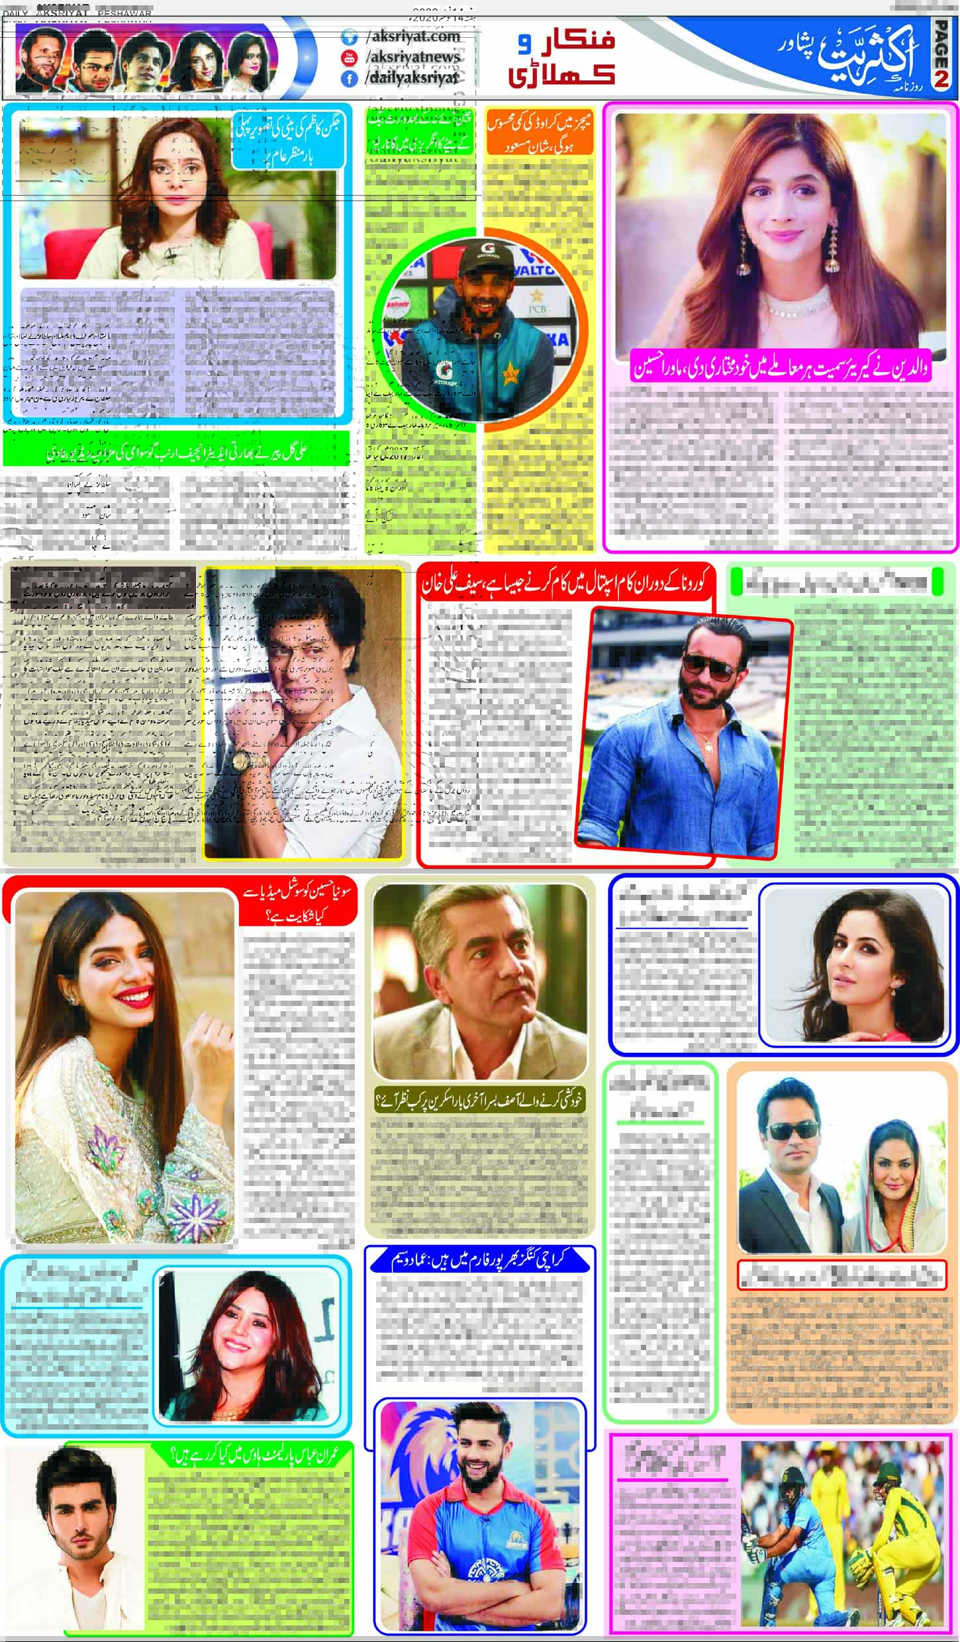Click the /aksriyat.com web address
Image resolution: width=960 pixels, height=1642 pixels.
pyautogui.click(x=412, y=37)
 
